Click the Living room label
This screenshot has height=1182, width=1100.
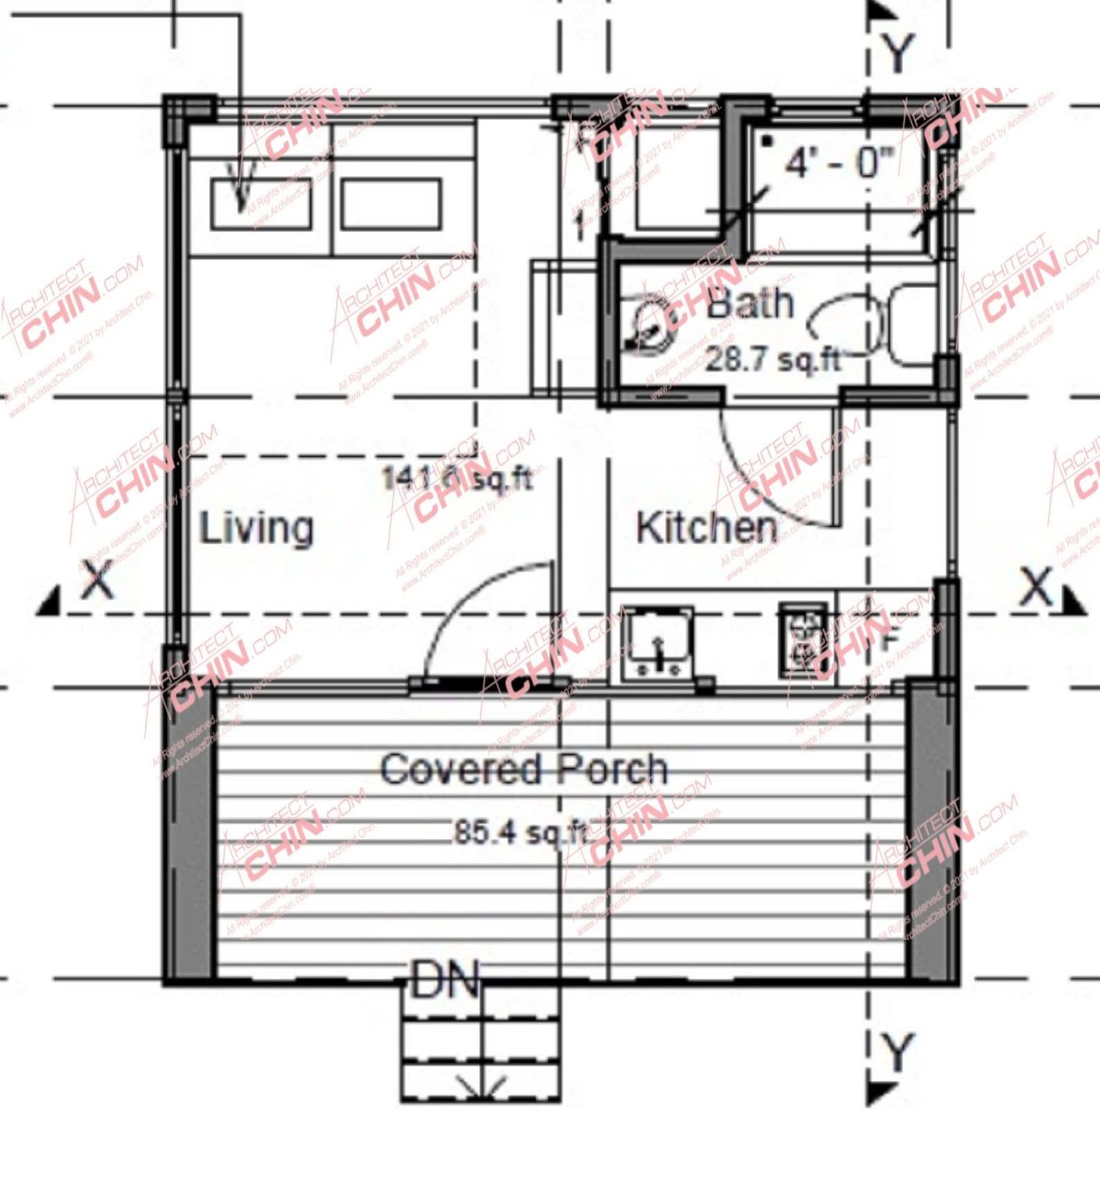[x=256, y=529]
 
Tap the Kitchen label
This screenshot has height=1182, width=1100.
[x=707, y=529]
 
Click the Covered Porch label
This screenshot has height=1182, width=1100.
[x=524, y=769]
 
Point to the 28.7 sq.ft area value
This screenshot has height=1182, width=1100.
[x=773, y=360]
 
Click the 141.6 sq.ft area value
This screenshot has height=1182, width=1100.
[x=457, y=478]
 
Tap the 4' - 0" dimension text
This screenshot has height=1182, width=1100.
[x=839, y=163]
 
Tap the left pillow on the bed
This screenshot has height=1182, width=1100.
[x=261, y=204]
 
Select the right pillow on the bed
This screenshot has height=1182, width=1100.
[x=391, y=204]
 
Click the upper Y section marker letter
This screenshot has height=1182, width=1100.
[x=898, y=54]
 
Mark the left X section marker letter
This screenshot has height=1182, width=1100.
[x=98, y=581]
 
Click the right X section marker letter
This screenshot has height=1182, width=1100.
[x=1036, y=588]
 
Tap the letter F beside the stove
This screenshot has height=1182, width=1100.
[x=889, y=641]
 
